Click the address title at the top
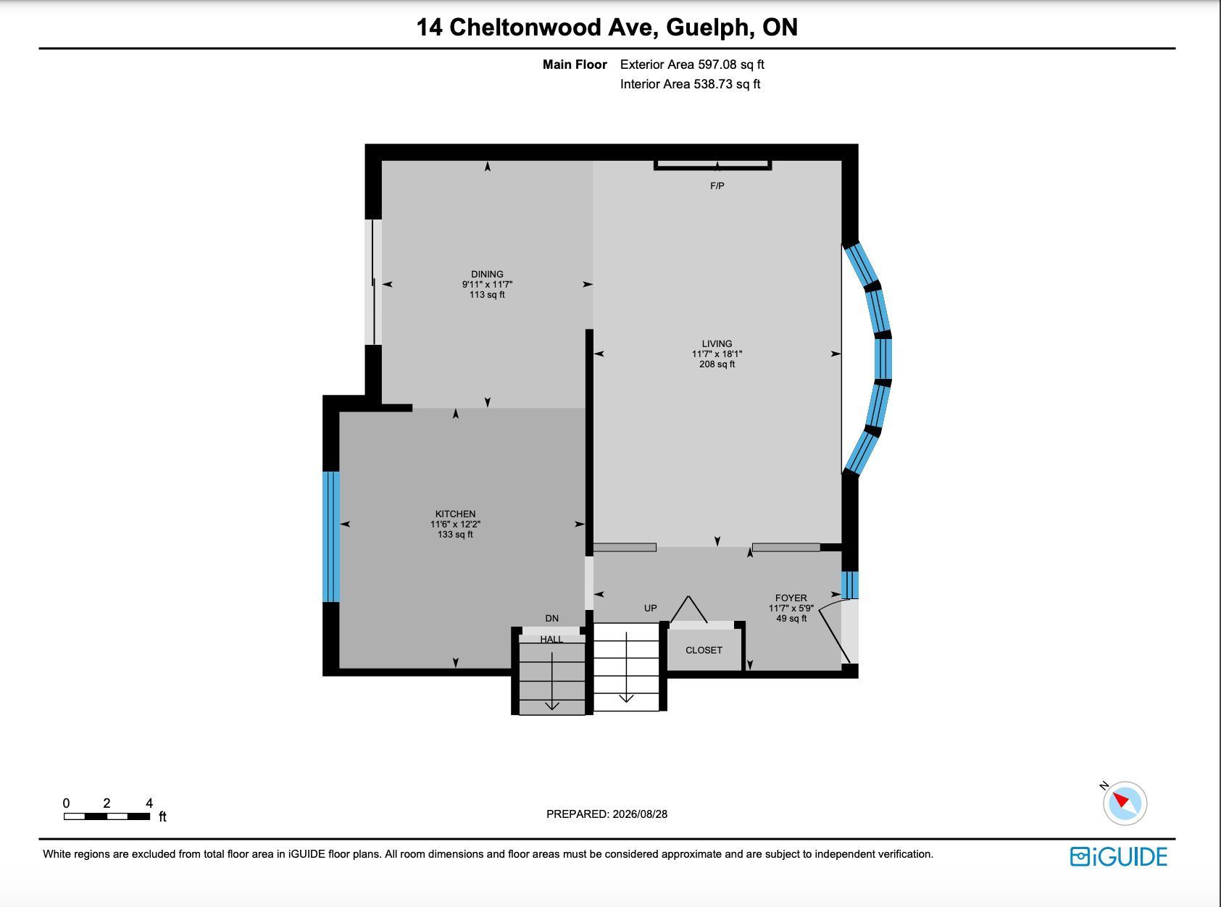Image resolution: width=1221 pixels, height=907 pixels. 607,28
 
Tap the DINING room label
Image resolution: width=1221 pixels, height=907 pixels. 487,274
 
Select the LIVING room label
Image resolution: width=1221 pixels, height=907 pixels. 717,343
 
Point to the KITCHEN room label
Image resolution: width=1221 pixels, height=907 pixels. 455,514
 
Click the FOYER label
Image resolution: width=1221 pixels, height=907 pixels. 791,598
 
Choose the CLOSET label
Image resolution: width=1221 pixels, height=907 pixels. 704,650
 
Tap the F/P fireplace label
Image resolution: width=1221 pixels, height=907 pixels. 717,186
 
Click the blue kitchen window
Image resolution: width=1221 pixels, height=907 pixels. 331,537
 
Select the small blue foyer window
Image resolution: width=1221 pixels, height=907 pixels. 850,585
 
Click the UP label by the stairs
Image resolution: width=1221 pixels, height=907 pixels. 650,608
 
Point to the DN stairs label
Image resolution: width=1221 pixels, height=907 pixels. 551,618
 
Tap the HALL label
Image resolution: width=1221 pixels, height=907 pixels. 551,639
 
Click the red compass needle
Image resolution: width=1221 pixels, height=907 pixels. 1121,799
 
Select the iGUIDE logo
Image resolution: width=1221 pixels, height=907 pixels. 1119,857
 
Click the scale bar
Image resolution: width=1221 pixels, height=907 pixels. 107,816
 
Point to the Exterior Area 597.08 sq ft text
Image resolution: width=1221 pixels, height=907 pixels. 692,64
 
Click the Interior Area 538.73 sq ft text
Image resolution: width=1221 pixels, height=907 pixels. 690,84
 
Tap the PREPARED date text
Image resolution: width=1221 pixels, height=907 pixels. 607,814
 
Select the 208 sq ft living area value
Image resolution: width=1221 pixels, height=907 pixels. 717,364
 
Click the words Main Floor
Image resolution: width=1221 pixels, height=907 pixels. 575,64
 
